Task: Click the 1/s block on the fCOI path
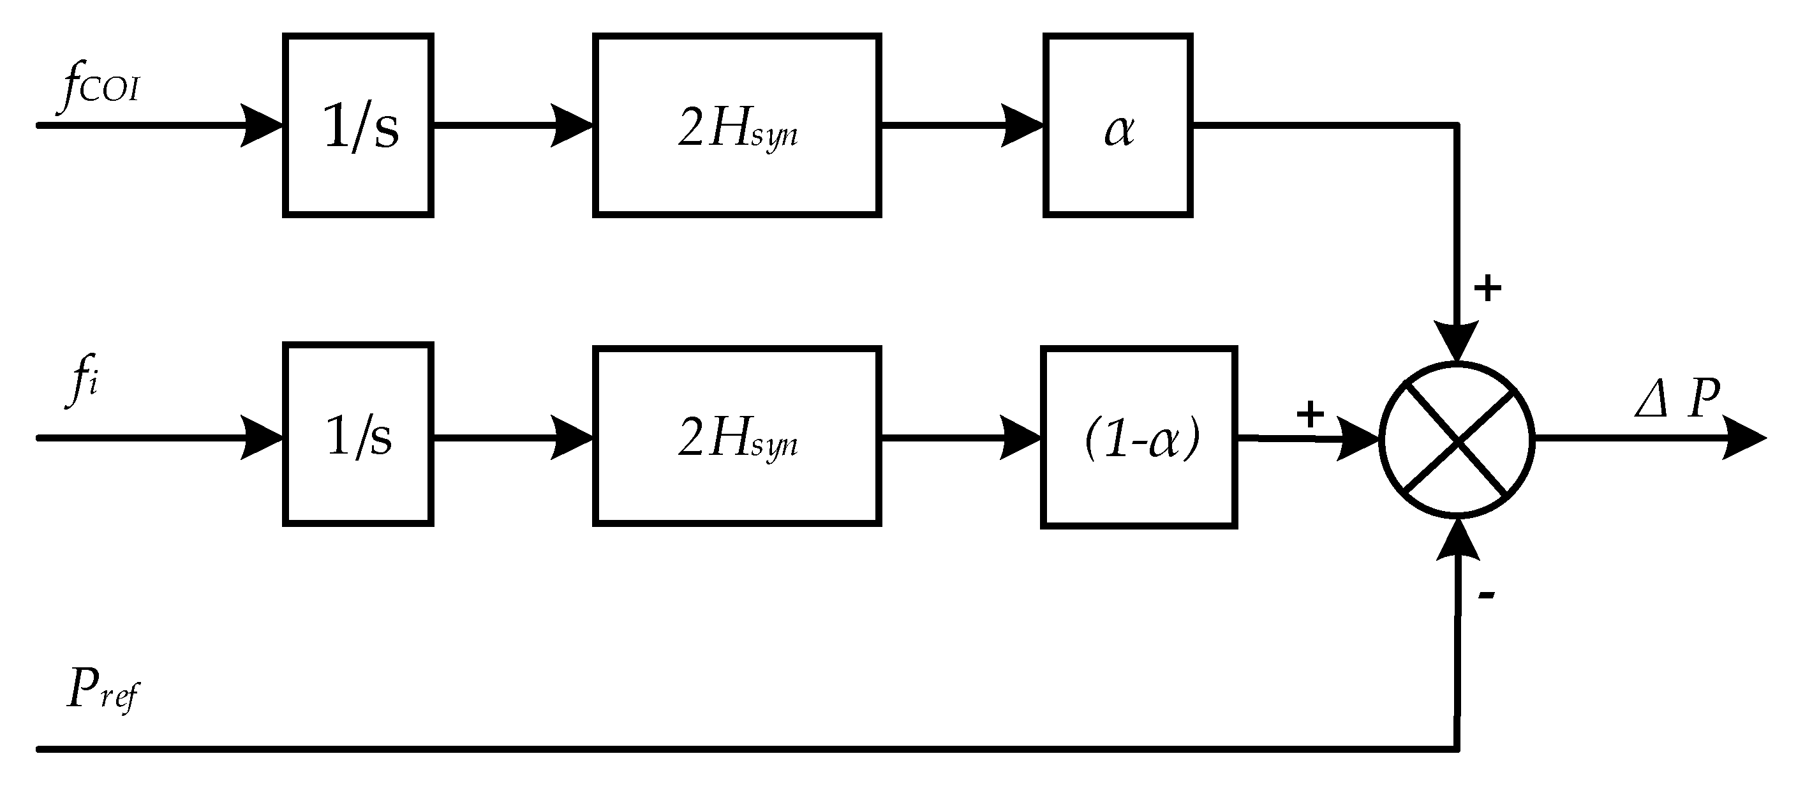pyautogui.click(x=358, y=125)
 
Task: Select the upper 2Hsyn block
pyautogui.click(x=736, y=125)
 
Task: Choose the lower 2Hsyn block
pyautogui.click(x=736, y=437)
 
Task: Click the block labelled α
pyautogui.click(x=1117, y=125)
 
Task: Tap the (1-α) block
pyautogui.click(x=1138, y=438)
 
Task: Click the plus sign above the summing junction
pyautogui.click(x=1487, y=287)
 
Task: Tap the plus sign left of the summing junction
pyautogui.click(x=1310, y=414)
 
